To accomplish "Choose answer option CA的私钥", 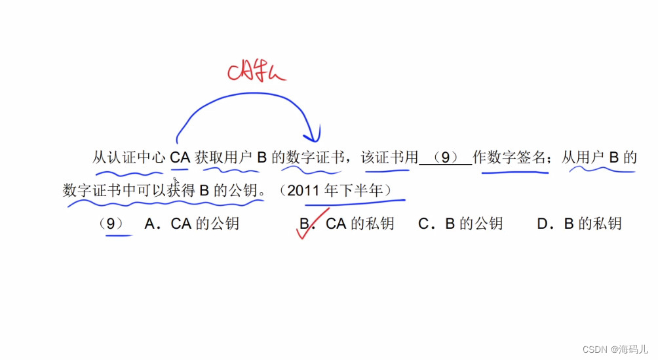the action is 360,224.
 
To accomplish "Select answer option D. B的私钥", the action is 579,224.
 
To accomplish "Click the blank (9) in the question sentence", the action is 445,158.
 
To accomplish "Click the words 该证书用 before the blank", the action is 389,158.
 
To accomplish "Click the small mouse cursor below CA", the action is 176,181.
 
